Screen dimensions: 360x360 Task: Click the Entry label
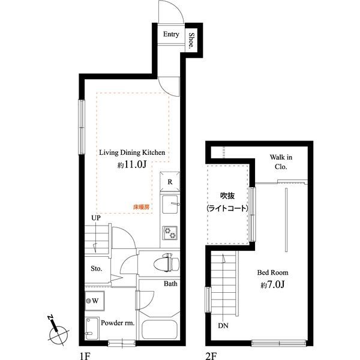[171, 34]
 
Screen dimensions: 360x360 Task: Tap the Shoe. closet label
[191, 40]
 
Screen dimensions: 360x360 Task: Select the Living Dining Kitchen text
[132, 152]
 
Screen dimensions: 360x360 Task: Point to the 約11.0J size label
[132, 164]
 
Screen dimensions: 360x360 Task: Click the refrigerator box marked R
[170, 182]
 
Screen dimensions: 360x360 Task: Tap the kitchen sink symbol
[170, 204]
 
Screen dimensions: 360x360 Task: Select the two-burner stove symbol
[170, 233]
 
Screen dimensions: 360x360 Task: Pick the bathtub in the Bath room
[160, 329]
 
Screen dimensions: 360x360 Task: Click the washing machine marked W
[95, 301]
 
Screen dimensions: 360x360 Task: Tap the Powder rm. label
[118, 323]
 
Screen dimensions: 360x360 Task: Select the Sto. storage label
[97, 268]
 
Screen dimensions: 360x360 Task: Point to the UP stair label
[96, 218]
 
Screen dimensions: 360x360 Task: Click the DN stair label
[223, 326]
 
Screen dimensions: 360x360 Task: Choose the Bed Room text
[272, 272]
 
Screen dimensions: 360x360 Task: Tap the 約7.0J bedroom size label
[272, 284]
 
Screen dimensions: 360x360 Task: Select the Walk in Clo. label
[281, 162]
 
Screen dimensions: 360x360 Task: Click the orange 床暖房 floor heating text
[141, 207]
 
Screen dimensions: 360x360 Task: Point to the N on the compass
[50, 318]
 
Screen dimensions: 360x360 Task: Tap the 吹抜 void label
[227, 196]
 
